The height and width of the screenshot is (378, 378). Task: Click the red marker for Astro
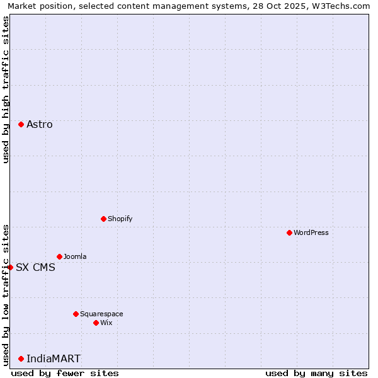point(21,124)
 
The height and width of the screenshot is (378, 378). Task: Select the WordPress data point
point(289,232)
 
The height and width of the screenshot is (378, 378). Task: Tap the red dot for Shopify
point(103,219)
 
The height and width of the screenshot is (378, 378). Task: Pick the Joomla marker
point(59,256)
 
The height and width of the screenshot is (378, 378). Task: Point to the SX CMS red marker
point(10,267)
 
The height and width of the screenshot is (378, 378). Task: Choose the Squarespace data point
point(76,314)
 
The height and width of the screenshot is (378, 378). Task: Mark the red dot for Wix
point(96,323)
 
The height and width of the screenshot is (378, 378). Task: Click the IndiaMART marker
point(21,358)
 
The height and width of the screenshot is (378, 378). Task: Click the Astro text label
point(40,125)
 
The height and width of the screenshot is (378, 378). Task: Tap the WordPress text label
point(311,232)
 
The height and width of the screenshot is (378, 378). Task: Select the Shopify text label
point(120,219)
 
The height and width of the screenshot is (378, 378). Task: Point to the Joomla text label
point(75,256)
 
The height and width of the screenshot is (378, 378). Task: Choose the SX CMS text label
point(35,267)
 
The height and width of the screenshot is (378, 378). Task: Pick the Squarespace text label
point(101,314)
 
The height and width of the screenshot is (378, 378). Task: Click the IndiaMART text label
point(54,359)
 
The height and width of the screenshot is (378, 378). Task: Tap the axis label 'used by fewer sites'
point(65,373)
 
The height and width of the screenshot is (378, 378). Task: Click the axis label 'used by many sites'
point(316,373)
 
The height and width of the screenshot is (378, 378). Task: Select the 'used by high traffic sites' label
point(6,89)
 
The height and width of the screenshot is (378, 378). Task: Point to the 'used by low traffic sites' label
point(6,295)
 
